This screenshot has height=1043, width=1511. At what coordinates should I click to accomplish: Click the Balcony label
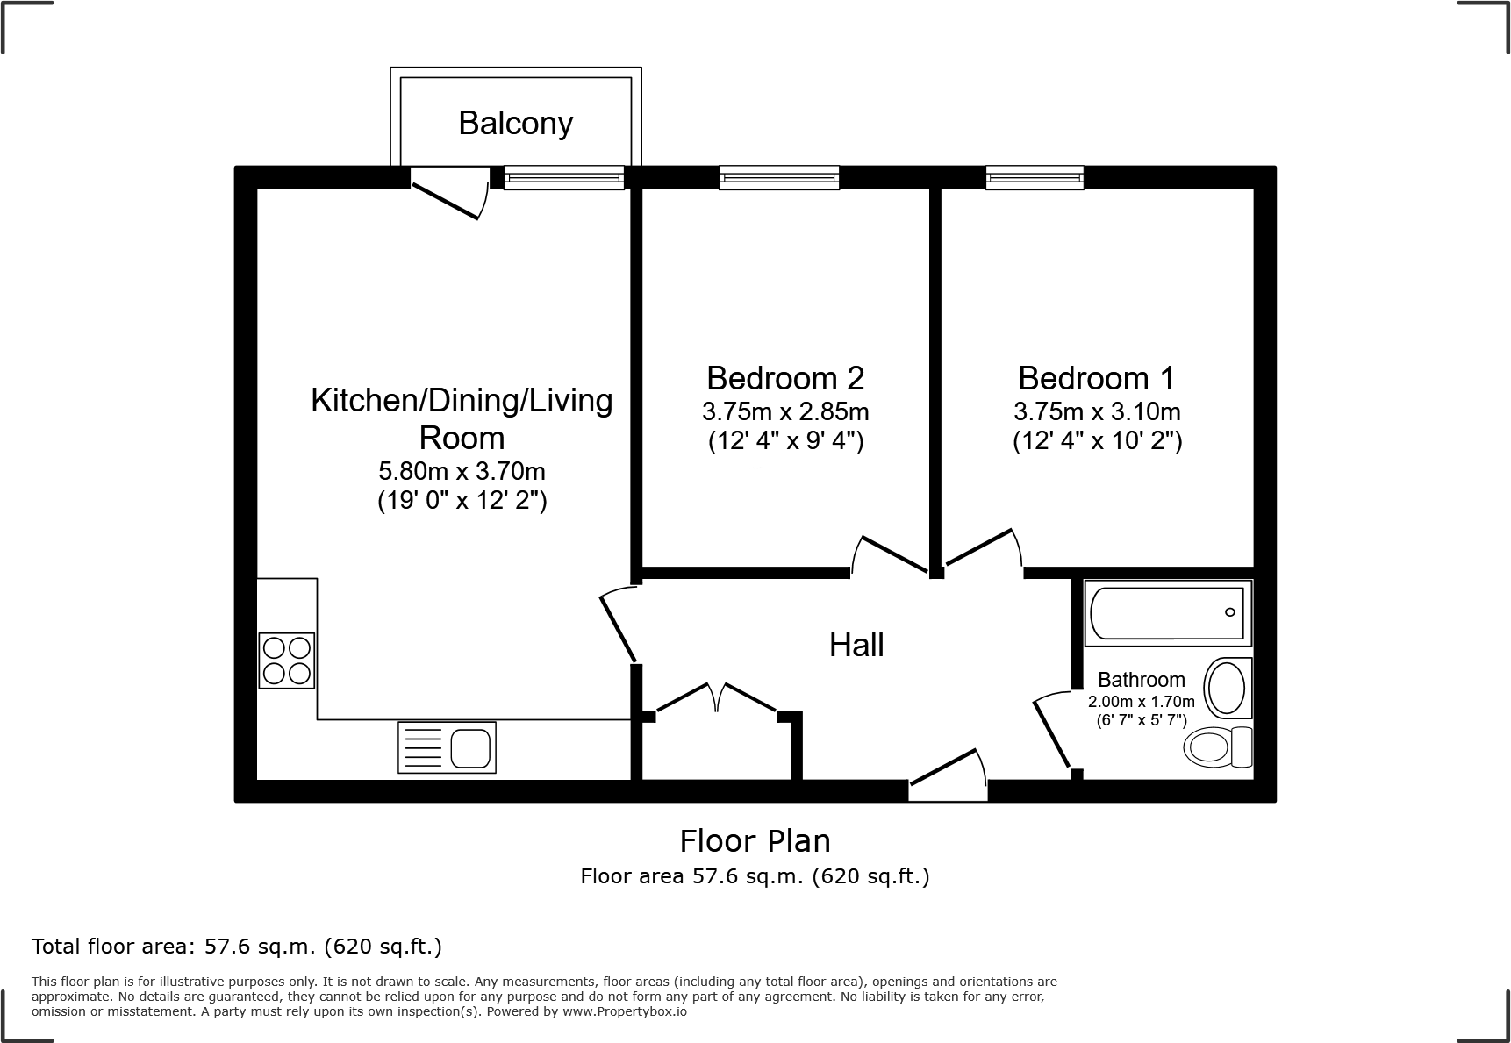[515, 123]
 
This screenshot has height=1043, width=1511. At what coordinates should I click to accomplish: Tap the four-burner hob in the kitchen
[287, 661]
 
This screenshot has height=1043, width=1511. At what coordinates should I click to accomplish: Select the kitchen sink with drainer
[447, 747]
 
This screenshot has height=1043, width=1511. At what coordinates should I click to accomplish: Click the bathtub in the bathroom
[1168, 611]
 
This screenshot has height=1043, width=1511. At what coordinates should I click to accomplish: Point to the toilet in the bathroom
[1219, 747]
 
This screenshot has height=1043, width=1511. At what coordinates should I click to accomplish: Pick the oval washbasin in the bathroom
[1226, 689]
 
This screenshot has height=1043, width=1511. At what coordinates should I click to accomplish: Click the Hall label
[856, 646]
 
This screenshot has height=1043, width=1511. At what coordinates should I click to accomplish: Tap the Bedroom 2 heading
[785, 378]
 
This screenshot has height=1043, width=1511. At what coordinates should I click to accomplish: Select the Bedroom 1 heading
[1096, 378]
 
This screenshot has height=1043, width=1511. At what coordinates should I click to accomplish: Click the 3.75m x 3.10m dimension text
[1097, 411]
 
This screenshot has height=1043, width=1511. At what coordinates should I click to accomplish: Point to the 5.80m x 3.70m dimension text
[462, 471]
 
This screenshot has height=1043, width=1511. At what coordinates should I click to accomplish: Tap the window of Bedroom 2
[779, 178]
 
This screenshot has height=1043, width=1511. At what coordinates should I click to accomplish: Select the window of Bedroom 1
[1035, 178]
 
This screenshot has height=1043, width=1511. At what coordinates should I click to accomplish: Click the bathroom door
[1051, 733]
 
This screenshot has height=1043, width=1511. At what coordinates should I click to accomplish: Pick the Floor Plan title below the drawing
[755, 841]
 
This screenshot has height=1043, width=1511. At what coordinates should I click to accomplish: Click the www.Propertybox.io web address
[624, 1011]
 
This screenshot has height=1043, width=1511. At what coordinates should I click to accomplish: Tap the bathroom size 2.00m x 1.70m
[1141, 702]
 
